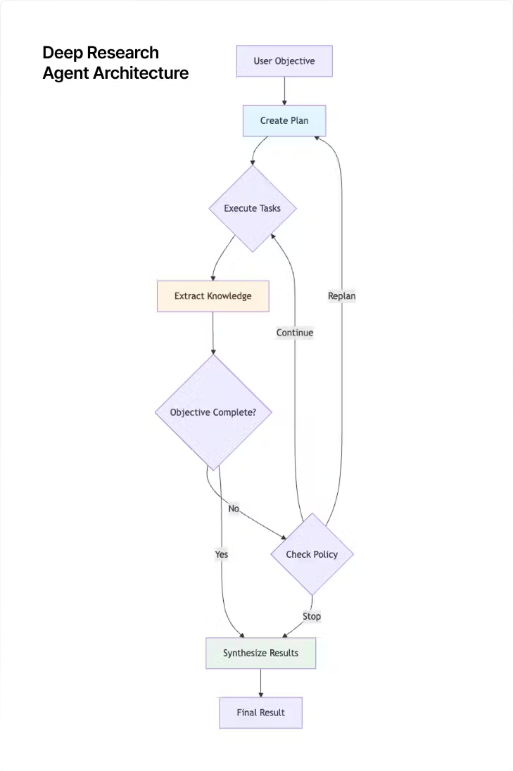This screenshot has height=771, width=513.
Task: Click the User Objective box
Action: point(284,61)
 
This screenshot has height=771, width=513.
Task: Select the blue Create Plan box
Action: point(284,120)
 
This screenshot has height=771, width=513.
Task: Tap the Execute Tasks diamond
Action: point(252,208)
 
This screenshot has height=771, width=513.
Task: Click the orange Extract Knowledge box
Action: point(213,296)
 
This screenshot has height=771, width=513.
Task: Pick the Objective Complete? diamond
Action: point(213,412)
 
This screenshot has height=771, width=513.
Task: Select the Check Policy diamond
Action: point(312,554)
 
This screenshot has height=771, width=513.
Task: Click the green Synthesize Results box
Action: point(260,653)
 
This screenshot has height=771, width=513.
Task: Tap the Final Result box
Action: point(260,713)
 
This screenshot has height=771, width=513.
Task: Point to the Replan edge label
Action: point(341,296)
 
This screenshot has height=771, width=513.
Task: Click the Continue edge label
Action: point(294,332)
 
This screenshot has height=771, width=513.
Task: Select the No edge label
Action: point(234,508)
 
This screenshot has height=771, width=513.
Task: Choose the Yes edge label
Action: point(221,554)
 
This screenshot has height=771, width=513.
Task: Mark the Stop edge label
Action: point(311,616)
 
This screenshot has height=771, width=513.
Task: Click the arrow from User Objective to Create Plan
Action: point(284,91)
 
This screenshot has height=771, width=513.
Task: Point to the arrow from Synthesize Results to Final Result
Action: point(260,682)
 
